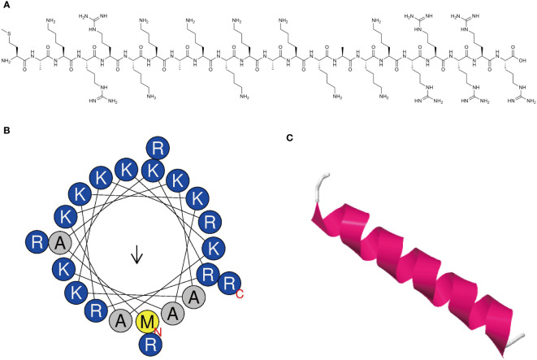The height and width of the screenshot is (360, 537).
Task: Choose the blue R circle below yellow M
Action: tap(148, 345)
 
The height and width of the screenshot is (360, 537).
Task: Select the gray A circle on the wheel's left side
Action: tap(60, 241)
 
